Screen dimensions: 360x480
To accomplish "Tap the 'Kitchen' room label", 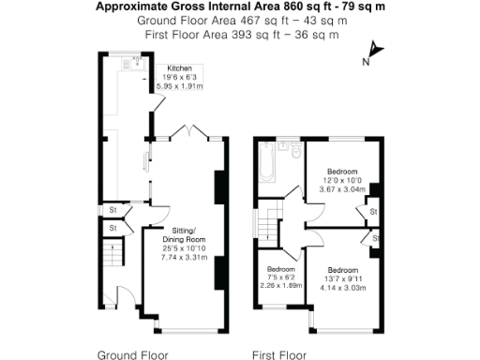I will point(180,69).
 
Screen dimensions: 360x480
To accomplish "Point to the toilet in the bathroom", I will point(292,149).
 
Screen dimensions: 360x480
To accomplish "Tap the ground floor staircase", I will point(112,253).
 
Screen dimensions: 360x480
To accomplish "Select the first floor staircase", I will point(271,225).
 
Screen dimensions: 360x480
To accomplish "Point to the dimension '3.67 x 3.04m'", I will point(339,187).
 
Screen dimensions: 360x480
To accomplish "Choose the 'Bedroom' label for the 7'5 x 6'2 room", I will point(277,267).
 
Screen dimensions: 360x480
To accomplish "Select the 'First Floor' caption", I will point(280,355).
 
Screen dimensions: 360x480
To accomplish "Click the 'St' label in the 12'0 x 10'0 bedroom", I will point(372,213).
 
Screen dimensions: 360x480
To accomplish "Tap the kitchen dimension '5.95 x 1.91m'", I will point(185,86).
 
